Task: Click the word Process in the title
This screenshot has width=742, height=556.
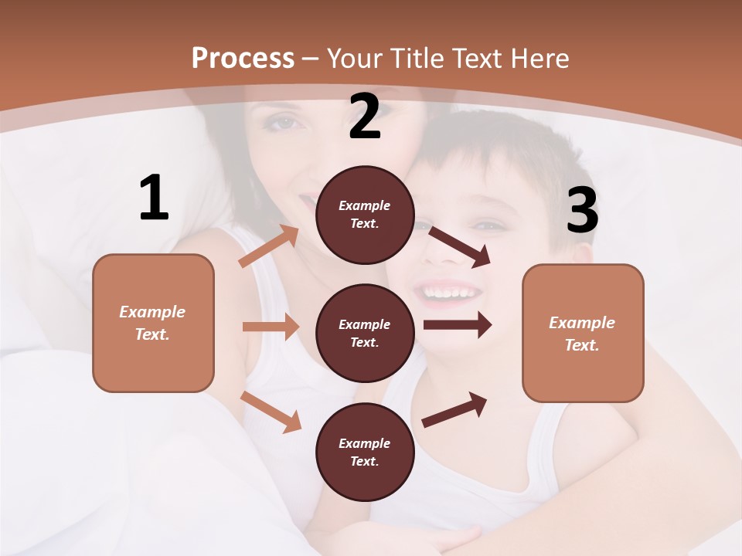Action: pos(243,58)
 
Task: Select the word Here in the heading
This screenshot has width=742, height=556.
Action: pos(537,59)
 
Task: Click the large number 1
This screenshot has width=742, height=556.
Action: pos(154,198)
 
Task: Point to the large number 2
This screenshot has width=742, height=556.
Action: pos(365,117)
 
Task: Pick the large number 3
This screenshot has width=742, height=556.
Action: pos(582,211)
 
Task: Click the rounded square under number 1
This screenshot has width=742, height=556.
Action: pos(153,323)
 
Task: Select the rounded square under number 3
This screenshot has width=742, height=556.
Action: pos(583,334)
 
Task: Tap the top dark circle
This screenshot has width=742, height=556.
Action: pos(365,215)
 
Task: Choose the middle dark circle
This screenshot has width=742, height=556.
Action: pos(365,334)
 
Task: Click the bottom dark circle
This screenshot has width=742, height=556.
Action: pos(365,453)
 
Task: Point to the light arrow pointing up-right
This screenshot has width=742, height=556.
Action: pos(269,246)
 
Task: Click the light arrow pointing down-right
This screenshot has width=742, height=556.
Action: pos(271,412)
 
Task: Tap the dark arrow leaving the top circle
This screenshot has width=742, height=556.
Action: pos(459,246)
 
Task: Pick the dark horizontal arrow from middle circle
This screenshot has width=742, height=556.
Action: pos(458,325)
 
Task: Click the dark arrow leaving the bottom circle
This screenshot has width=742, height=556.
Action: pos(454,410)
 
